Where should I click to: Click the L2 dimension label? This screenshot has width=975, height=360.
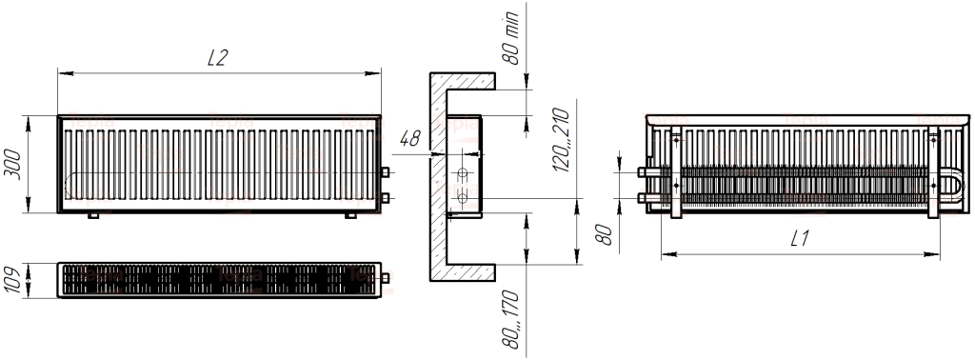point(218,58)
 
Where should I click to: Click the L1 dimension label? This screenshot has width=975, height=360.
point(800,238)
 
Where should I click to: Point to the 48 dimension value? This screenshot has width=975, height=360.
point(409,139)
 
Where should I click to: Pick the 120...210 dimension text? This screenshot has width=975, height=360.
point(561,140)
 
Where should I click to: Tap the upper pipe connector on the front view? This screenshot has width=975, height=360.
point(385,172)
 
